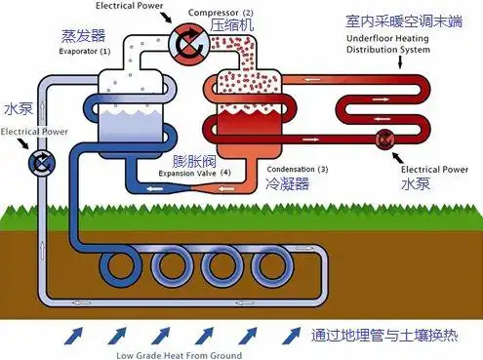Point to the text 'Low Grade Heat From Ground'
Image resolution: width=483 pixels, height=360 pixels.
click(x=179, y=354)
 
